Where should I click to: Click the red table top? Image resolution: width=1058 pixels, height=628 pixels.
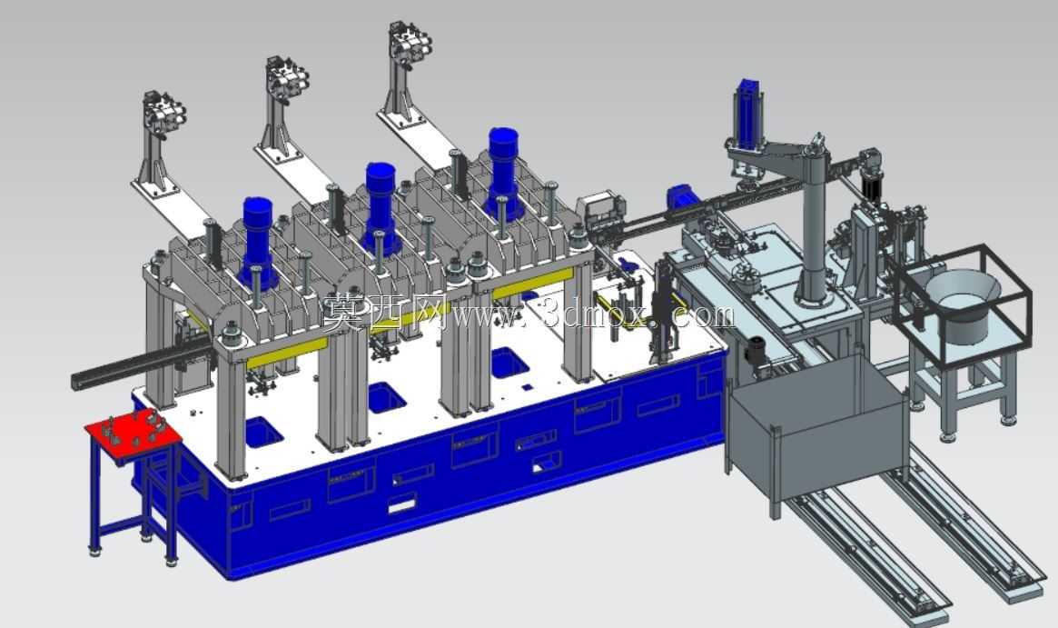133,440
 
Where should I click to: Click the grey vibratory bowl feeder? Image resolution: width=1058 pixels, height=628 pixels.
963,303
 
